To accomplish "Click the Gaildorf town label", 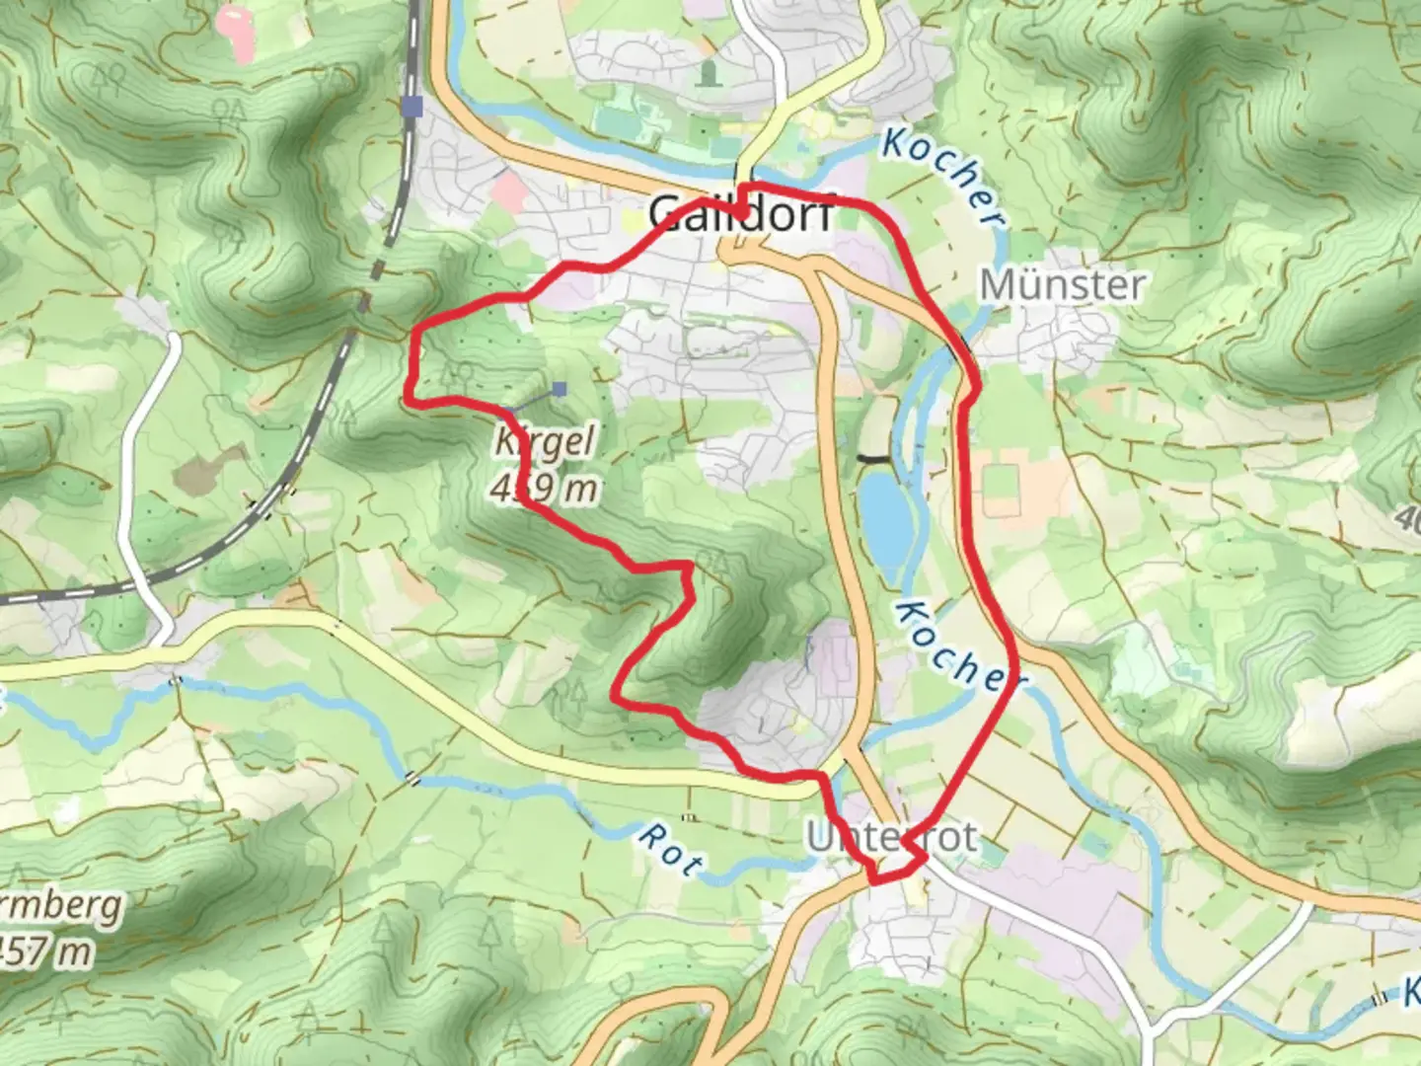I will pos(739,213).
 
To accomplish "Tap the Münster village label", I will pos(1063,285).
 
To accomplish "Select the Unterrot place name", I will pos(892,837).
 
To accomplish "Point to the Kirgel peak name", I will pos(546,441).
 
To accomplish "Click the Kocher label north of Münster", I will pos(943,178).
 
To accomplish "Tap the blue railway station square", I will pos(412,106).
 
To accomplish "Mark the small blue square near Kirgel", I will pos(561,390).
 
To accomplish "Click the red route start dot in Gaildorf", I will pos(741,210).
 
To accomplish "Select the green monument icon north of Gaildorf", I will pos(709,72).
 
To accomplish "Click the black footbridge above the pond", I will pos(872,458).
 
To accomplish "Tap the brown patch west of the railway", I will pos(209,469).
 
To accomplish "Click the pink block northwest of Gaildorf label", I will pos(508,190).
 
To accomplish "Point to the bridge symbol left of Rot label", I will pos(411,779).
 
